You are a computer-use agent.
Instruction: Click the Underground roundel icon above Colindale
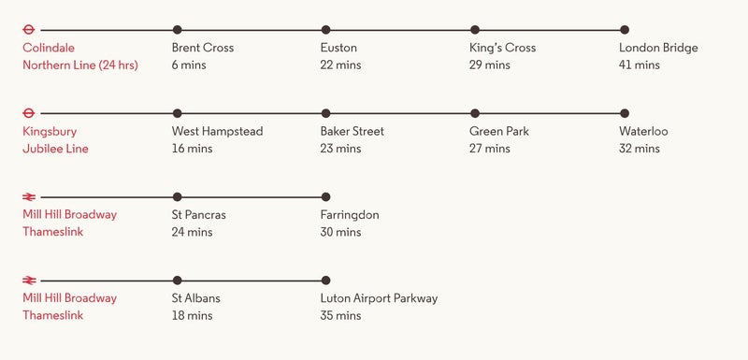pos(29,30)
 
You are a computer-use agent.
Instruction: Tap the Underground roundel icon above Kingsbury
pos(29,113)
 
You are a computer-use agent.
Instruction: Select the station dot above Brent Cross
pos(178,30)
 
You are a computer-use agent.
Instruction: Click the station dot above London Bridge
pos(625,30)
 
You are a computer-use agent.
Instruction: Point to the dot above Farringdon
pos(325,196)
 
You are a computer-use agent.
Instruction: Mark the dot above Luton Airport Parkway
pos(325,280)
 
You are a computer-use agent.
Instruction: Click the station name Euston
pos(338,49)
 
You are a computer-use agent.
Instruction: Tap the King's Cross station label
pos(502,49)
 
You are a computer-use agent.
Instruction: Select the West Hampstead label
pos(217,132)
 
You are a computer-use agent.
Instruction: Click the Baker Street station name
pos(352,132)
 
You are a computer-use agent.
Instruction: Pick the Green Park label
pos(498,132)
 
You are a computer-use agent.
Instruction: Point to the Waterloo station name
pos(643,132)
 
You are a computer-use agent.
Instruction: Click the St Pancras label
pos(198,215)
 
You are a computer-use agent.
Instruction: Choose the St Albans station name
pos(195,298)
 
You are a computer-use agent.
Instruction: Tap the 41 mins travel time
pos(639,65)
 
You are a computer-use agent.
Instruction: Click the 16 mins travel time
pos(192,149)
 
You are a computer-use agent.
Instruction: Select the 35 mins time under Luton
pos(340,316)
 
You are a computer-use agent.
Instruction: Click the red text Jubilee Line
pos(55,149)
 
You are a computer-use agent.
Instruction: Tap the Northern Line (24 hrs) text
pos(79,65)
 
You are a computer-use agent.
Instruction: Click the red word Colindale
pos(49,49)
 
